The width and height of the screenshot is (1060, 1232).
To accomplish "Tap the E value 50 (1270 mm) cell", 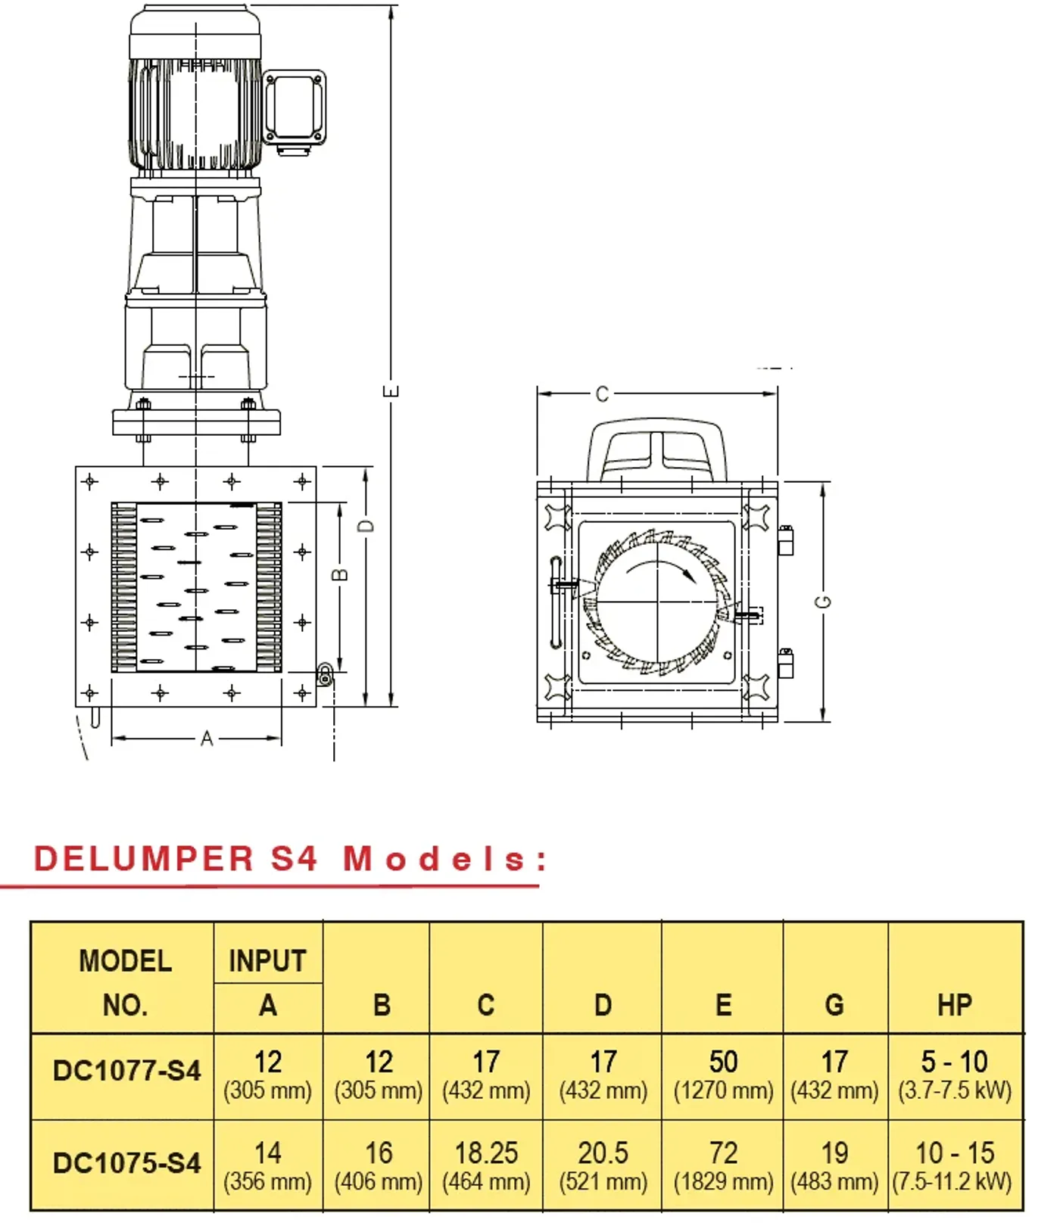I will [x=723, y=1075].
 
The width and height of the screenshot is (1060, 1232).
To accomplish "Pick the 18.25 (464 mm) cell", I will [x=486, y=1165].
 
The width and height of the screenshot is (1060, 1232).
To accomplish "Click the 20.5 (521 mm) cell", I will [x=603, y=1165].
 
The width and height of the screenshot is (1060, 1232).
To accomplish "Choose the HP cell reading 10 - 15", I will [x=954, y=1165].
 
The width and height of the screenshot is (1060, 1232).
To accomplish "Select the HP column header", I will [x=954, y=1005].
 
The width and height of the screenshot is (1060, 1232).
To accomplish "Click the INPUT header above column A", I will [x=267, y=961].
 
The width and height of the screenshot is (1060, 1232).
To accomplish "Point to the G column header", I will [x=834, y=1005].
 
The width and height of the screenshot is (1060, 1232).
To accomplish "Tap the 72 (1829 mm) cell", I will [x=723, y=1165].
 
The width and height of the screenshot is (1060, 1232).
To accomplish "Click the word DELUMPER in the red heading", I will [x=144, y=859].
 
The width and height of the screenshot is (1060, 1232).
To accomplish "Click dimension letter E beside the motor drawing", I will [x=391, y=390].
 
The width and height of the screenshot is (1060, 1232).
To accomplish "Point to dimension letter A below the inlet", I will [x=207, y=739].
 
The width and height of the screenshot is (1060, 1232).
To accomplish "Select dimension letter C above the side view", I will [x=602, y=394].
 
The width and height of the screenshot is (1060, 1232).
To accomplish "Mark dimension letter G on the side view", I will [x=824, y=602].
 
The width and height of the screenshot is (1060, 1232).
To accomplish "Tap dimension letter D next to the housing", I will [x=366, y=525].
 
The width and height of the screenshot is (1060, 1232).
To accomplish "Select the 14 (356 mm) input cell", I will [x=267, y=1165].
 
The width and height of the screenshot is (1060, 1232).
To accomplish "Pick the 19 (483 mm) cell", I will [x=834, y=1165].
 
